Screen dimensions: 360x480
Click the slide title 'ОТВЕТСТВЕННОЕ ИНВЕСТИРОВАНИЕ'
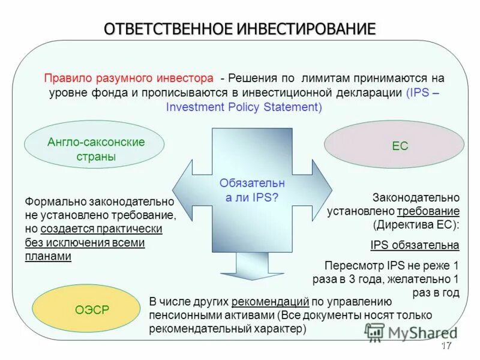[240, 28]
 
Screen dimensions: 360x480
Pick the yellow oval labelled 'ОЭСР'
[92, 310]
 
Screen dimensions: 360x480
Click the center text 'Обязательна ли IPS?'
[252, 190]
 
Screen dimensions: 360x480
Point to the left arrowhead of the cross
[183, 190]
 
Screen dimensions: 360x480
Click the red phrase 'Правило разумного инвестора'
[128, 79]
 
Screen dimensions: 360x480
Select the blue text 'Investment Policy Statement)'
[244, 107]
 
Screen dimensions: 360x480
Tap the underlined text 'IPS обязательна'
[415, 245]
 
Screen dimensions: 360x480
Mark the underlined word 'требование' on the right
[428, 211]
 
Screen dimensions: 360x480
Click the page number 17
[446, 346]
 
